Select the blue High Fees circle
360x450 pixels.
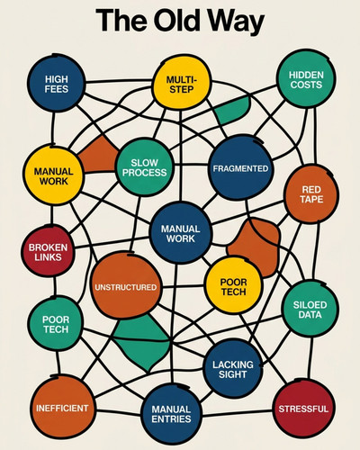tap(57, 84)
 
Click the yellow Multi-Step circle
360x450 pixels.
tap(181, 83)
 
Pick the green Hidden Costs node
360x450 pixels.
tap(306, 79)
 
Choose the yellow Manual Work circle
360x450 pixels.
tap(53, 176)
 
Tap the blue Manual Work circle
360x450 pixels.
tap(181, 233)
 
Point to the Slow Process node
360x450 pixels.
tap(144, 167)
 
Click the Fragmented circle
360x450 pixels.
tap(240, 168)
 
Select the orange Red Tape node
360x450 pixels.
tap(311, 194)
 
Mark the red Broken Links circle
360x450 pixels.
tap(48, 251)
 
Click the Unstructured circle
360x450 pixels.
tap(126, 286)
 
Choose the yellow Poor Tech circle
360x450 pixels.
tap(233, 286)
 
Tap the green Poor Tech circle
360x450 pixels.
tap(56, 324)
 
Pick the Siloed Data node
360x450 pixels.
tap(310, 310)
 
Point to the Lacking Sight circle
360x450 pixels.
tap(233, 369)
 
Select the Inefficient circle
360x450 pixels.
tap(63, 408)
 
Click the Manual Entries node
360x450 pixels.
tap(171, 414)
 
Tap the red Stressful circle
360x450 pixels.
tap(303, 409)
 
